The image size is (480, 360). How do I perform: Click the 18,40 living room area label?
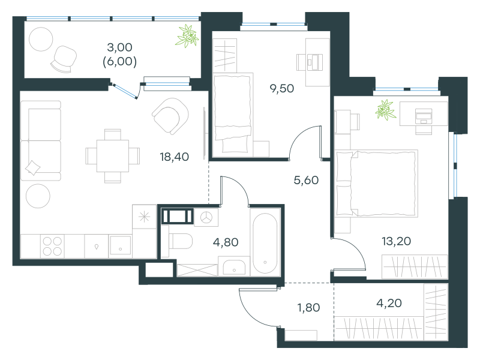point(174,157)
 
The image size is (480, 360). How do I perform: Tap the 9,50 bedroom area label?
point(281,88)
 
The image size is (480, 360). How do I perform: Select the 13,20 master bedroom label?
point(396,241)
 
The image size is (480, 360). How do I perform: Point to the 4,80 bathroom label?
point(226,242)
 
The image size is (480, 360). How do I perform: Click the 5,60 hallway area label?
point(306,181)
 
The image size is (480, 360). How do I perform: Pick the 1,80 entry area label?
point(308,308)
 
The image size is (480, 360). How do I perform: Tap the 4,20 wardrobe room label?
point(389,303)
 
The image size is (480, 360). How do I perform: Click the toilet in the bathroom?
point(180,242)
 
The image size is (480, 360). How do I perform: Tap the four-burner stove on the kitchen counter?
point(52,247)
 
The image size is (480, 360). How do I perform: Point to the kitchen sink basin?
point(121,245)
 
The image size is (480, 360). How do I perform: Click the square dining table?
point(113,156)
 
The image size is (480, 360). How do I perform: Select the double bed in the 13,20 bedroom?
point(377,184)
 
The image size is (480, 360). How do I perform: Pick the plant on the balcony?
point(187,36)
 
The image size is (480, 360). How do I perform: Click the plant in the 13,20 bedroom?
point(386,110)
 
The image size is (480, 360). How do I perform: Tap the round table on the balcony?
point(41,39)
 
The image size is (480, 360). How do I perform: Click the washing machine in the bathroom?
point(206,218)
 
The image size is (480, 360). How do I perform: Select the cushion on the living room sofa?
point(32,168)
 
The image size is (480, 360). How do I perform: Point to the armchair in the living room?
point(170,116)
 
